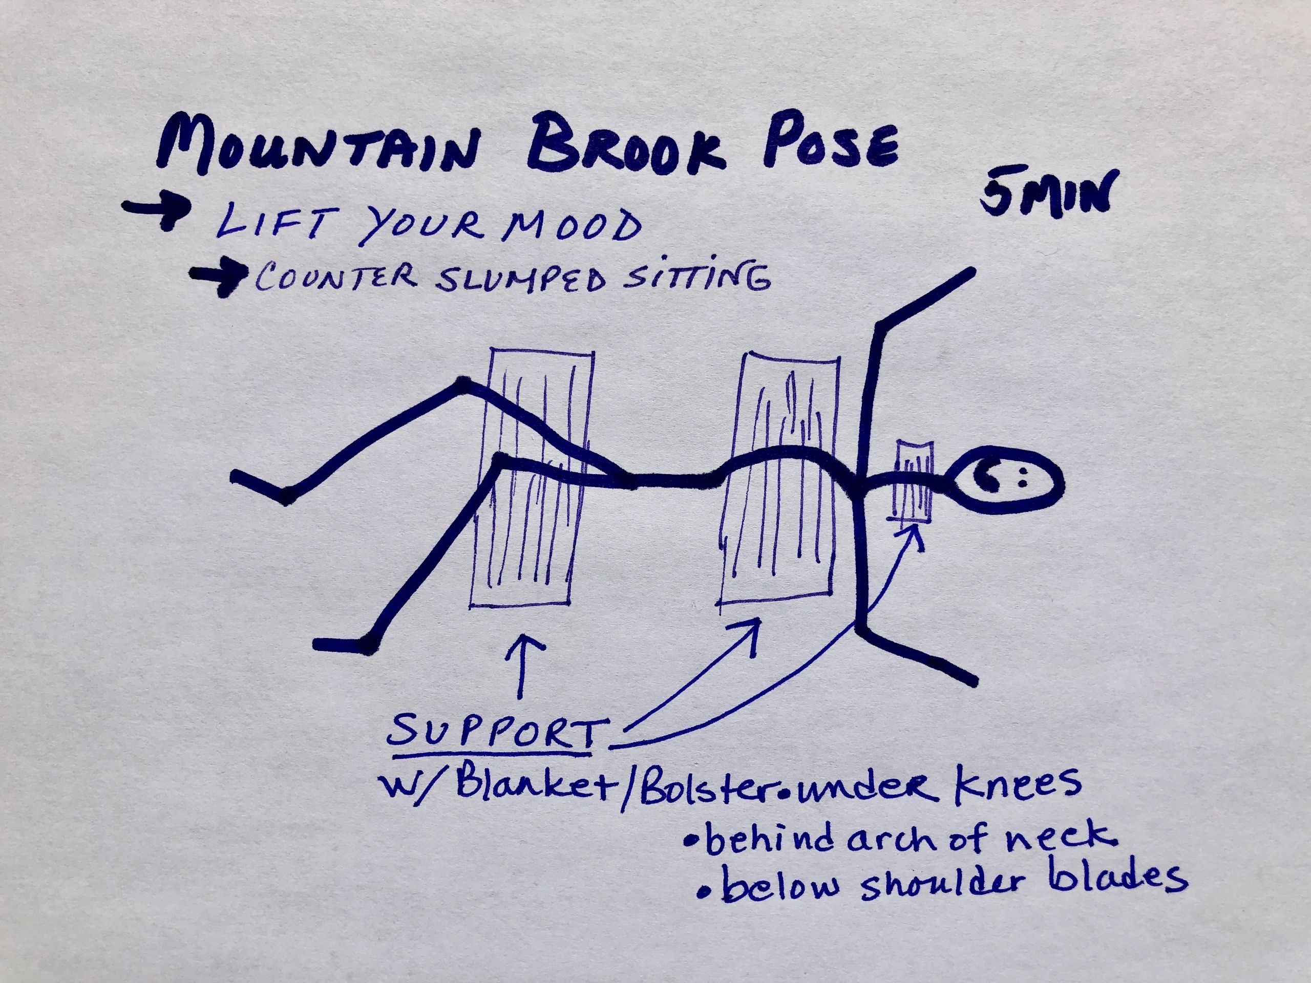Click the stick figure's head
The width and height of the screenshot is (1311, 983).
pyautogui.click(x=1005, y=481)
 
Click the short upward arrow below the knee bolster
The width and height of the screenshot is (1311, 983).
pyautogui.click(x=523, y=667)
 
